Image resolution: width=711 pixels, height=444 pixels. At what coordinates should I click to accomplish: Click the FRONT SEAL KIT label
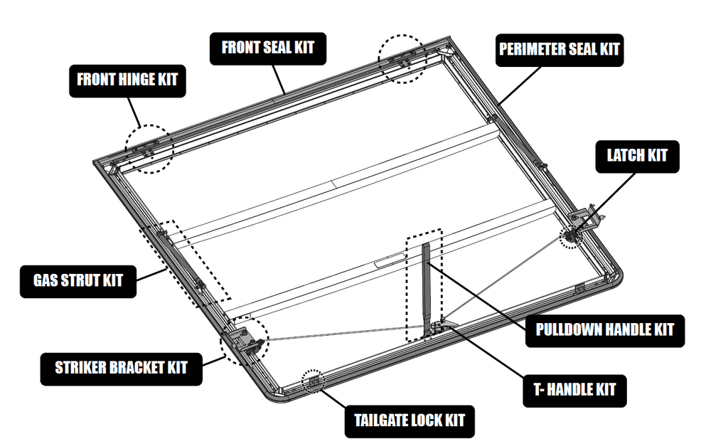(267, 48)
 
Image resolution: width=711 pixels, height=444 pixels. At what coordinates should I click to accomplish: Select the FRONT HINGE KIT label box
(127, 80)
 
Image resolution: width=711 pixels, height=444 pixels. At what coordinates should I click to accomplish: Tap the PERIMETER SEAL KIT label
(558, 51)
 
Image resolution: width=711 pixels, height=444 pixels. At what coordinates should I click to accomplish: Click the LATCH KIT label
(637, 155)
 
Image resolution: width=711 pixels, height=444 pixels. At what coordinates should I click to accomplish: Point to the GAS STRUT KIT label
(77, 280)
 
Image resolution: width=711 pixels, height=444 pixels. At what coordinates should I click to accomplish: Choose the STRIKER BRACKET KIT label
(121, 368)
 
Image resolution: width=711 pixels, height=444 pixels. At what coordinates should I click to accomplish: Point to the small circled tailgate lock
(313, 381)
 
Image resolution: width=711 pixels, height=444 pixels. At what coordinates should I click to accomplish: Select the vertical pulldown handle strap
(427, 285)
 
